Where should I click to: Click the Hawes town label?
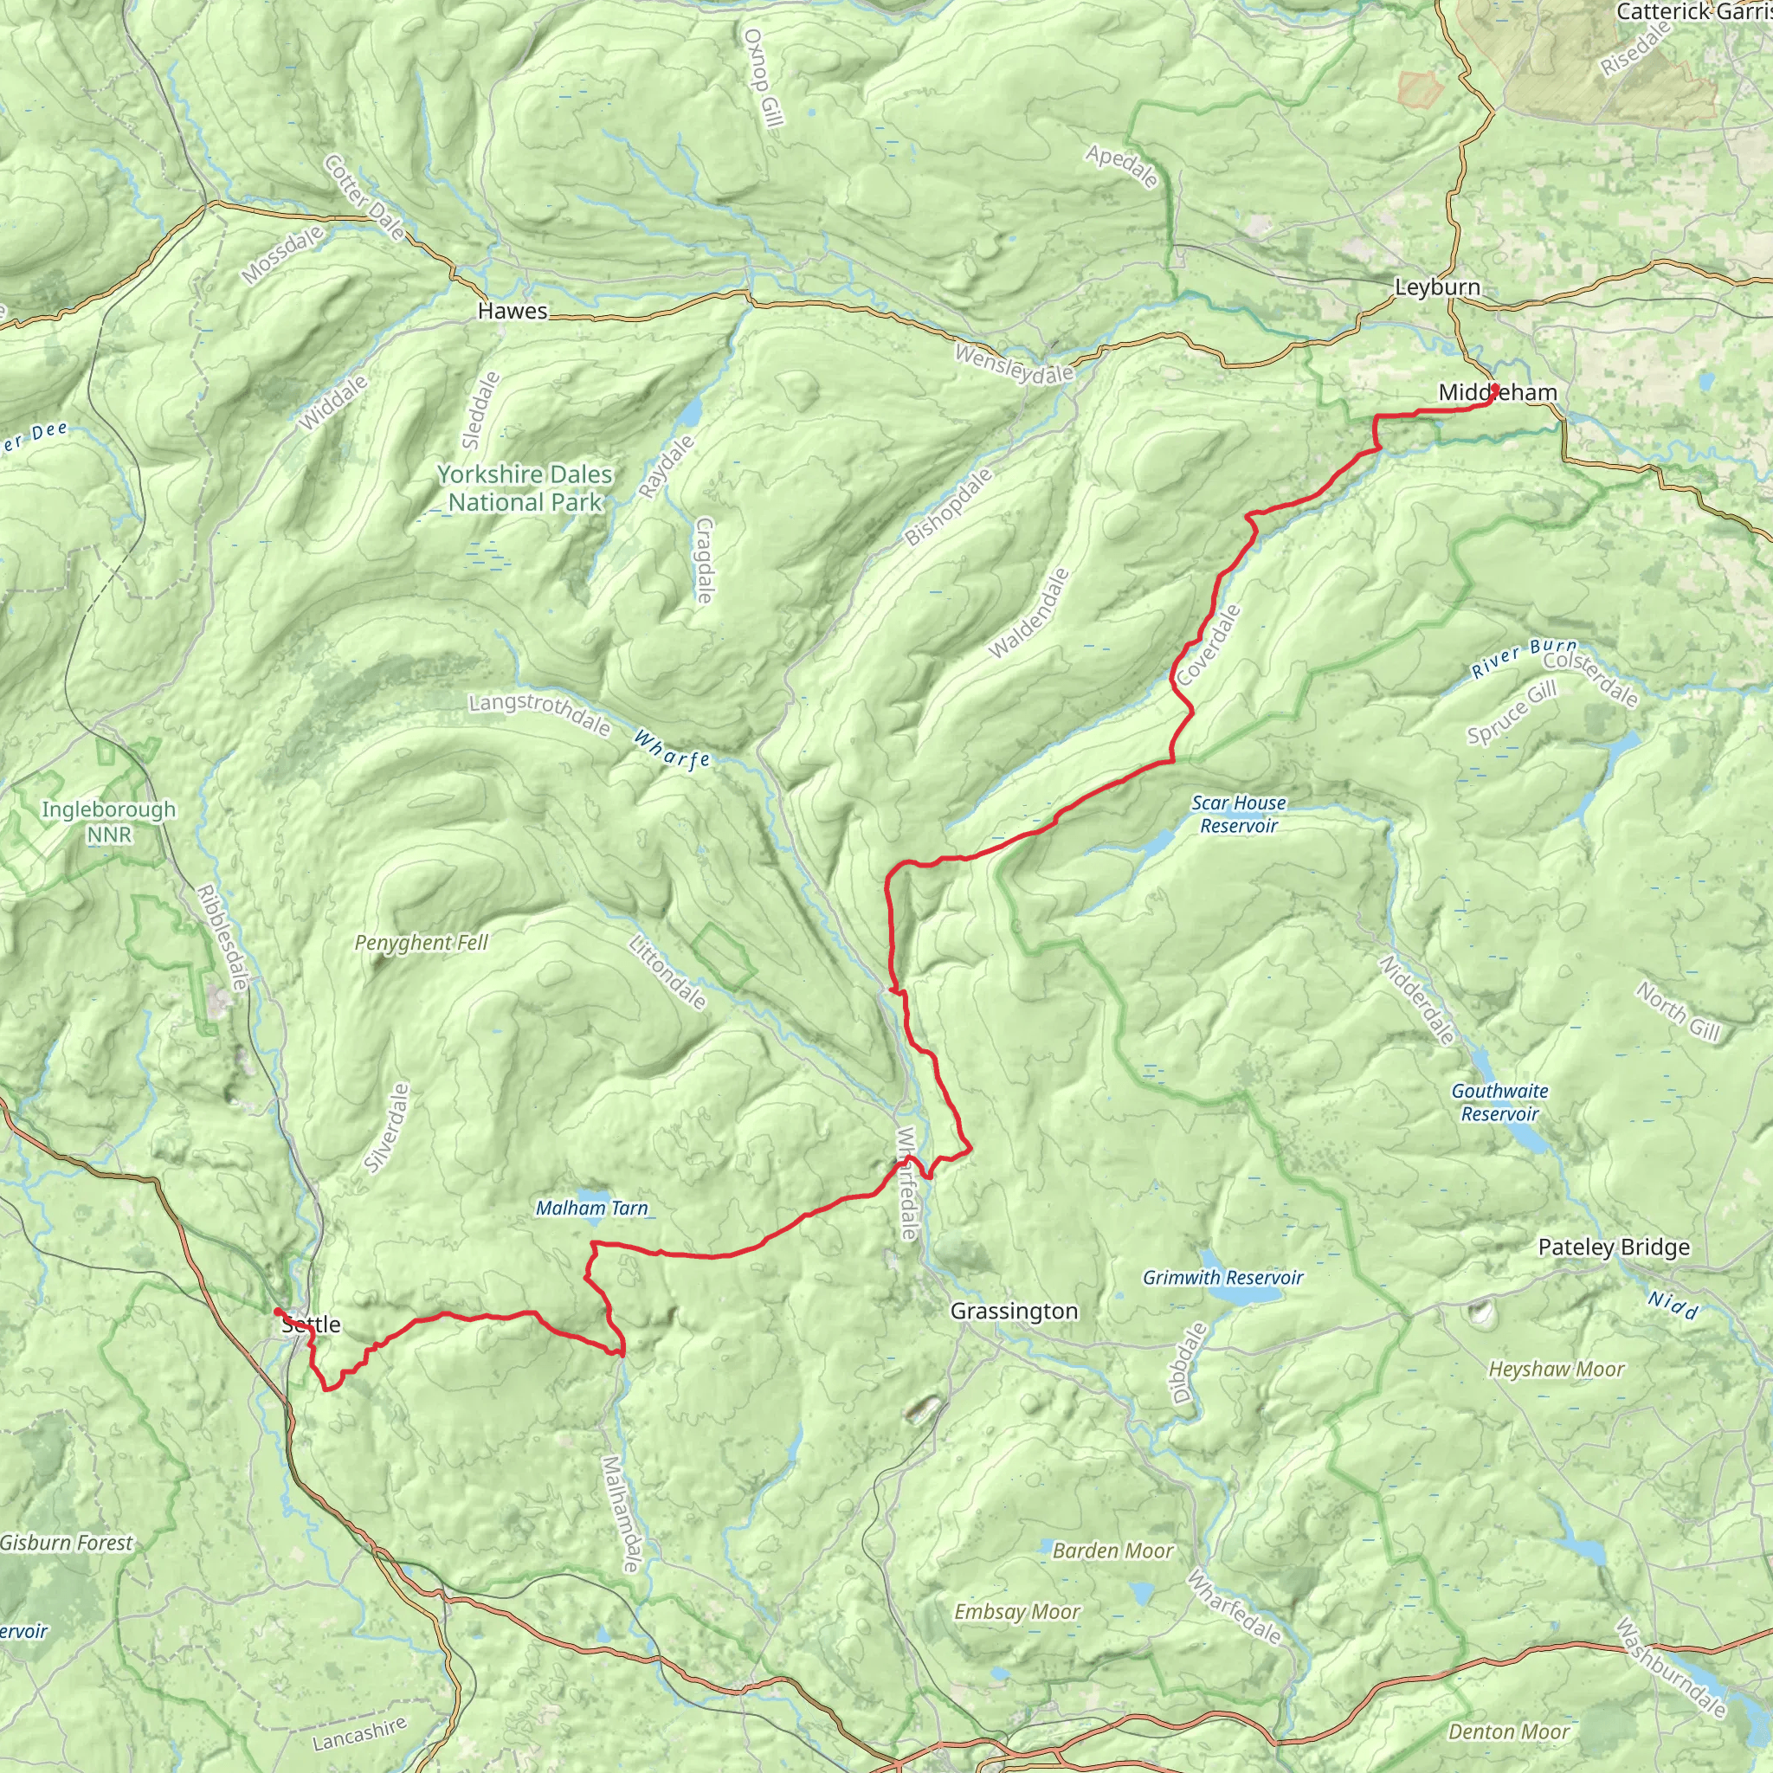(513, 311)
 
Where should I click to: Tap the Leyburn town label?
(1437, 287)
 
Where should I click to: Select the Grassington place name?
(1014, 1311)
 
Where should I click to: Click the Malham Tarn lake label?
(591, 1209)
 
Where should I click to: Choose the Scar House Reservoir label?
(1239, 814)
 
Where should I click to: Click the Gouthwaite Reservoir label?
(1499, 1102)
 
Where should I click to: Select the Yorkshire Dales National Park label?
(525, 488)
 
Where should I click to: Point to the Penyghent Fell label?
(422, 943)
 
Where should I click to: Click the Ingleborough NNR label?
(109, 822)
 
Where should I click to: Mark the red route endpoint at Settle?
(277, 1312)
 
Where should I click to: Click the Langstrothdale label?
(538, 715)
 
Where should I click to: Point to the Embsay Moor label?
(1017, 1611)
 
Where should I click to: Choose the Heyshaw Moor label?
(1557, 1370)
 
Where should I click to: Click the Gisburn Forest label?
(66, 1543)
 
